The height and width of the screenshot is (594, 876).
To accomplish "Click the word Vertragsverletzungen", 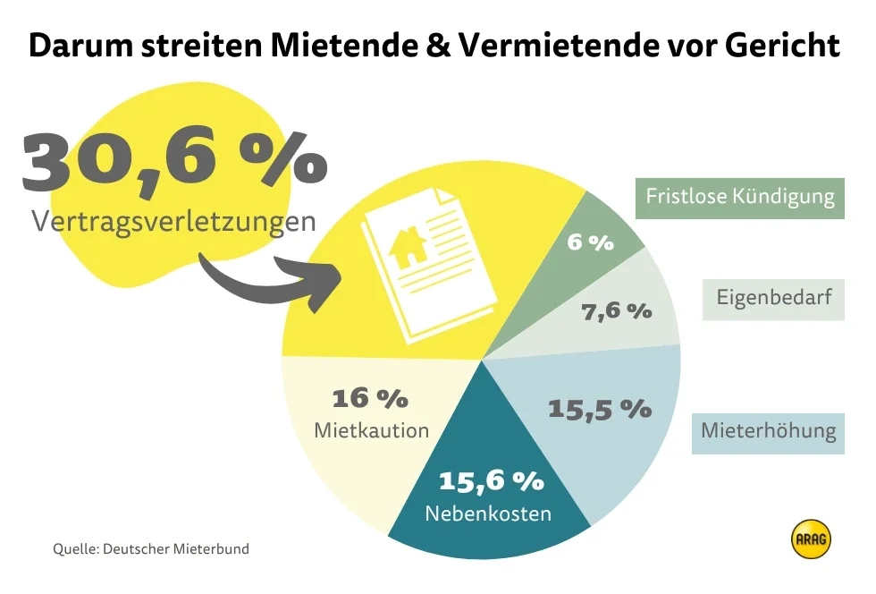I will coord(173,221).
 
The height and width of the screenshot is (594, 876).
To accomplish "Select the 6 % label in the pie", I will coord(590,242).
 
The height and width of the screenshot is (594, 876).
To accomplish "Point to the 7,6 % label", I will coord(617,311).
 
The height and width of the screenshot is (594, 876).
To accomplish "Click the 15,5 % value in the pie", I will coord(599,409).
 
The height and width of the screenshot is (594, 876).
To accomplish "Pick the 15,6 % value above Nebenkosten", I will coord(491,480).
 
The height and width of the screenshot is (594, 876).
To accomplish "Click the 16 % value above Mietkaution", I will coord(370,397).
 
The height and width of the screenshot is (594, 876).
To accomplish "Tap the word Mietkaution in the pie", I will coord(371,430).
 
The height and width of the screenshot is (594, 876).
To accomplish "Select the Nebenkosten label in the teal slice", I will coord(488,514).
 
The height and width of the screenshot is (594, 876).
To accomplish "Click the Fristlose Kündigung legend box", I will coord(740,197).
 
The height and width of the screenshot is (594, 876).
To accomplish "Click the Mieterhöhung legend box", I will coord(768,431).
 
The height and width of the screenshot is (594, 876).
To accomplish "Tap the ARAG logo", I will coord(811,539).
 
